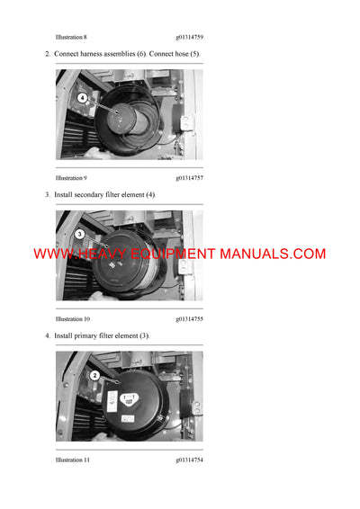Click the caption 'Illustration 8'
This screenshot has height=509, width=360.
[71, 38]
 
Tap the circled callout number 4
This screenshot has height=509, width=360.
[82, 97]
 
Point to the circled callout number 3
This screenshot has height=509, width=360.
[80, 234]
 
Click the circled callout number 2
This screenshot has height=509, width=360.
[94, 375]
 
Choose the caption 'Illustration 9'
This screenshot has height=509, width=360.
[71, 178]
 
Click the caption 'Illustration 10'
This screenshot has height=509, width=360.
[73, 319]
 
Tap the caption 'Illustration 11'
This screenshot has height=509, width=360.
[73, 460]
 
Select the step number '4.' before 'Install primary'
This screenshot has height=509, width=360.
[48, 335]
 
